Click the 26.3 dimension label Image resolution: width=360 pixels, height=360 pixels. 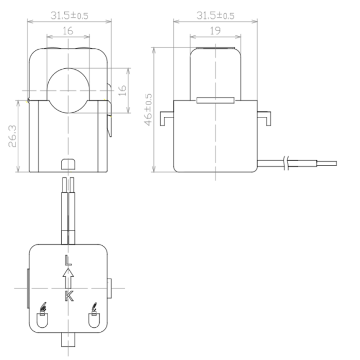(12, 136)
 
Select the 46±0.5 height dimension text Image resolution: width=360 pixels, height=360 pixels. (148, 109)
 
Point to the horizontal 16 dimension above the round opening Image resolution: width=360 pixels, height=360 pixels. (68, 32)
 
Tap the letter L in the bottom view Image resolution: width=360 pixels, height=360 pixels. (68, 260)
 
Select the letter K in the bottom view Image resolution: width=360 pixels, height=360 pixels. (68, 296)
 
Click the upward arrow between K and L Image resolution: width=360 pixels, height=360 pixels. (68, 277)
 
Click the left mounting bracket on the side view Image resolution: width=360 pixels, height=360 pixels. (167, 117)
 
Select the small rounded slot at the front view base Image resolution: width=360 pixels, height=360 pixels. (68, 163)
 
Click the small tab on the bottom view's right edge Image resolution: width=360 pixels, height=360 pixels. (110, 288)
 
